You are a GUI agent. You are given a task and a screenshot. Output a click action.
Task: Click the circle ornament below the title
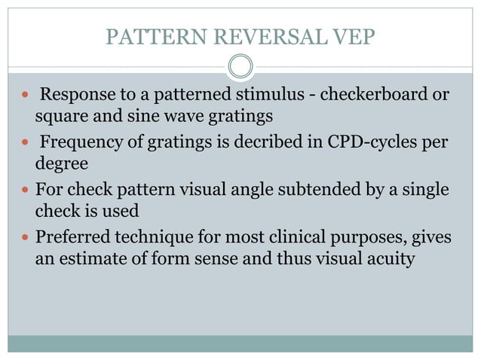point(240,68)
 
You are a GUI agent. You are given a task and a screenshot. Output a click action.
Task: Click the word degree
point(60,163)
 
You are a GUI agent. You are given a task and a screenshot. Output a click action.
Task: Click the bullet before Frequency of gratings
point(25,143)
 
